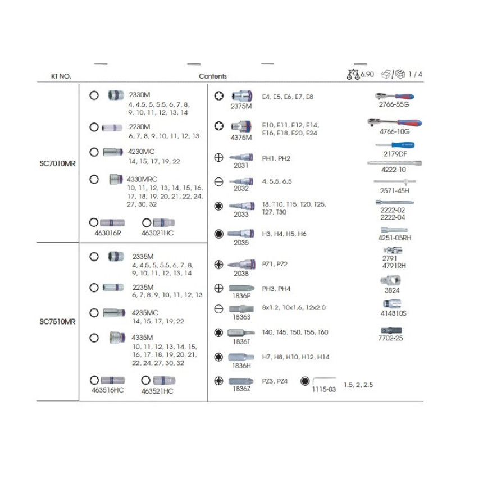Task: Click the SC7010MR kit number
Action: pos(57,163)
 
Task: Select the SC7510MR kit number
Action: pos(57,322)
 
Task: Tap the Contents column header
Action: pos(212,76)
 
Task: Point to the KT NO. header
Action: pos(61,76)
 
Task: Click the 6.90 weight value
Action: pos(367,74)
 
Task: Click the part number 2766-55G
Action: pos(394,104)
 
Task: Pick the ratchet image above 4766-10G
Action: pos(395,123)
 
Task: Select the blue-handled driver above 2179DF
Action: pos(395,145)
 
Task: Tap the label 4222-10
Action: pos(393,170)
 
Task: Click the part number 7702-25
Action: pos(390,338)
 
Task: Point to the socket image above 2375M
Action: pos(242,96)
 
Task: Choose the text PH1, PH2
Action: pos(276,158)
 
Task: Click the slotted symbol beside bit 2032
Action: pos(218,182)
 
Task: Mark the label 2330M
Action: pos(139,94)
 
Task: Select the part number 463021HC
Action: pos(157,233)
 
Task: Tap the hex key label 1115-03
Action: pos(323,389)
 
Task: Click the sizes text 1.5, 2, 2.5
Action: pos(358,385)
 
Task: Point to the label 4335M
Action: pos(142,338)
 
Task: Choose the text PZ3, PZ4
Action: pos(275,381)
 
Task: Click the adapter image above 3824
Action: pos(390,280)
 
